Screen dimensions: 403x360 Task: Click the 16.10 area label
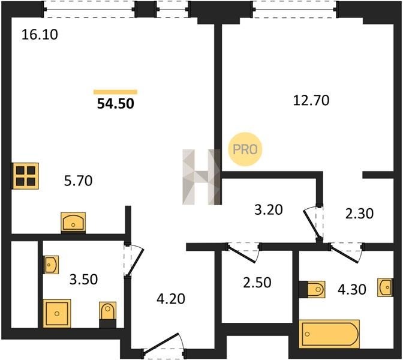coord(40,35)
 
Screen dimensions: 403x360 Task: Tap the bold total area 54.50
coord(116,104)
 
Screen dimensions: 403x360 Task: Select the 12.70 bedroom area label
coord(311,100)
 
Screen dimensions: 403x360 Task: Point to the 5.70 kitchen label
coord(78,181)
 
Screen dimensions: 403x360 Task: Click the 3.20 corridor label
coord(269,209)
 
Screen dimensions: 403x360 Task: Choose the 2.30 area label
coord(359,214)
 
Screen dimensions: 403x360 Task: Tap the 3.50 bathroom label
coord(83,280)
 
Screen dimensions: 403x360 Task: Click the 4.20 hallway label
coord(171,299)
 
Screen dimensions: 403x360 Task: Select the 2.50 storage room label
coord(257,283)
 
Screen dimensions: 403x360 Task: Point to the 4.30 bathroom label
coord(352,290)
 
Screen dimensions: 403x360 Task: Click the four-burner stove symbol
coord(25,176)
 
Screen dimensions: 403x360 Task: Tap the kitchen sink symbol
coord(73,221)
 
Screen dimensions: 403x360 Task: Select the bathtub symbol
coord(330,334)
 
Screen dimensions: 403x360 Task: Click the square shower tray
coord(57,313)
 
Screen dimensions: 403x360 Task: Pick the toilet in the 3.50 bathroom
coord(108,314)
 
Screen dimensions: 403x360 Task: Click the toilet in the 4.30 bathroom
coord(312,290)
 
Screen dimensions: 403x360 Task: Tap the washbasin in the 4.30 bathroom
coord(385,287)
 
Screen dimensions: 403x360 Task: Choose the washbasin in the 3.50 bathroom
coord(51,265)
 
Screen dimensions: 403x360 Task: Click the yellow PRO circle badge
coord(245,149)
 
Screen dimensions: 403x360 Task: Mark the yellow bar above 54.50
coord(115,92)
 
